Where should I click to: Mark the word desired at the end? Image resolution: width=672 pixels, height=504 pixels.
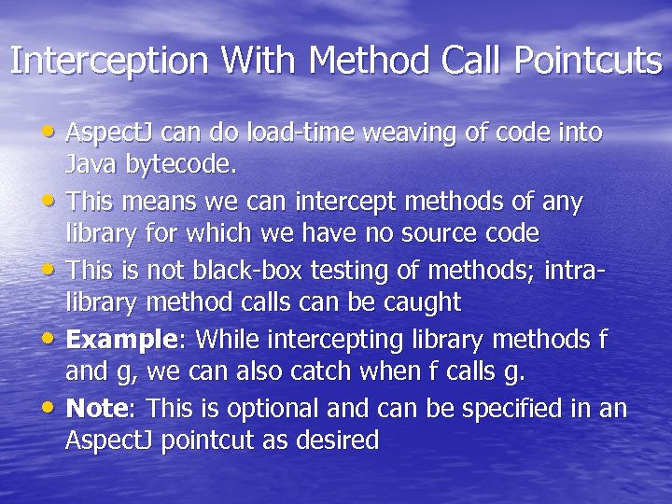point(338,441)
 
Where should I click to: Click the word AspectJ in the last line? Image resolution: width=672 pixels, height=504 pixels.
point(105,441)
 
